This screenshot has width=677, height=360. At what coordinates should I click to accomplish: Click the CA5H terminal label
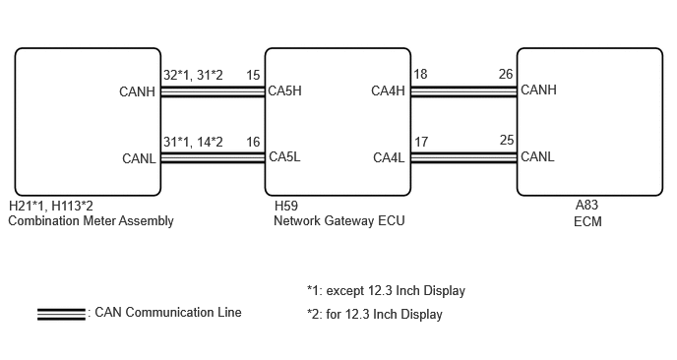click(x=284, y=91)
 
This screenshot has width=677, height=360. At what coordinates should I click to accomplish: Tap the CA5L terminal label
click(x=284, y=156)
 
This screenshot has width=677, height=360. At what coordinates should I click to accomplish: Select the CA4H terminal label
click(x=388, y=91)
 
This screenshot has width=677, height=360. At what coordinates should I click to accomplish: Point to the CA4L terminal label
click(x=389, y=157)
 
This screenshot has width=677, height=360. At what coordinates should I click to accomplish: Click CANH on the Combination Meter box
click(x=137, y=91)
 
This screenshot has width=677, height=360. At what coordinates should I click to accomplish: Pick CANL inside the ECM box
click(x=537, y=156)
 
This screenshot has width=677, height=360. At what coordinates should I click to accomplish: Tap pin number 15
click(x=253, y=75)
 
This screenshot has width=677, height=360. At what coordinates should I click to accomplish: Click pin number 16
click(x=253, y=142)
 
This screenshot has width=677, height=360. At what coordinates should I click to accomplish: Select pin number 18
click(x=420, y=74)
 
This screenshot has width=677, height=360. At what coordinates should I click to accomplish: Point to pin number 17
click(x=421, y=142)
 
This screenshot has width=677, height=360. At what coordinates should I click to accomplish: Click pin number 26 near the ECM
click(x=506, y=74)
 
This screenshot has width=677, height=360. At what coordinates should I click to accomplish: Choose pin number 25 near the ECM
click(x=507, y=141)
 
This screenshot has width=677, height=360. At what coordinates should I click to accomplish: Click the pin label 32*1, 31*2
click(x=193, y=75)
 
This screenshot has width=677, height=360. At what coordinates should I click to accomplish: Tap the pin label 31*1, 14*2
click(x=193, y=142)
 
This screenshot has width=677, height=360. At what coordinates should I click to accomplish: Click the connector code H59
click(x=285, y=206)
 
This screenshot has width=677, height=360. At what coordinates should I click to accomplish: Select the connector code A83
click(x=586, y=205)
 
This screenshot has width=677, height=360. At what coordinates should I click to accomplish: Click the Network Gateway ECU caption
click(x=339, y=220)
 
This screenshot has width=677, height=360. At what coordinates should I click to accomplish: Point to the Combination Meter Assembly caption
click(x=92, y=220)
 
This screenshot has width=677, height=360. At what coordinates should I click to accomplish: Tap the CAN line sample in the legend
click(x=61, y=314)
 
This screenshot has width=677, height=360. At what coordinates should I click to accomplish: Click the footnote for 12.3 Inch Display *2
click(x=375, y=314)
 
